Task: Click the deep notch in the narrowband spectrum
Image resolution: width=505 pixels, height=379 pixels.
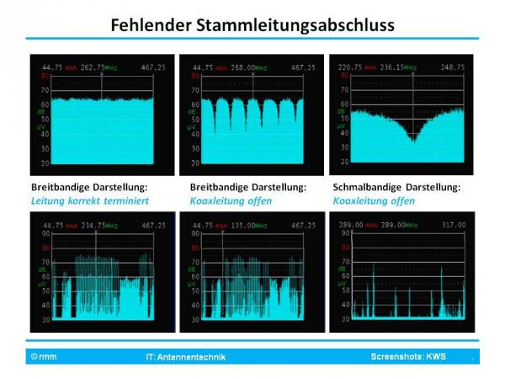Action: (x=412, y=138)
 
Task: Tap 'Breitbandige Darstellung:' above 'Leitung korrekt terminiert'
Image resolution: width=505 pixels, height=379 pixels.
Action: (x=84, y=188)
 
